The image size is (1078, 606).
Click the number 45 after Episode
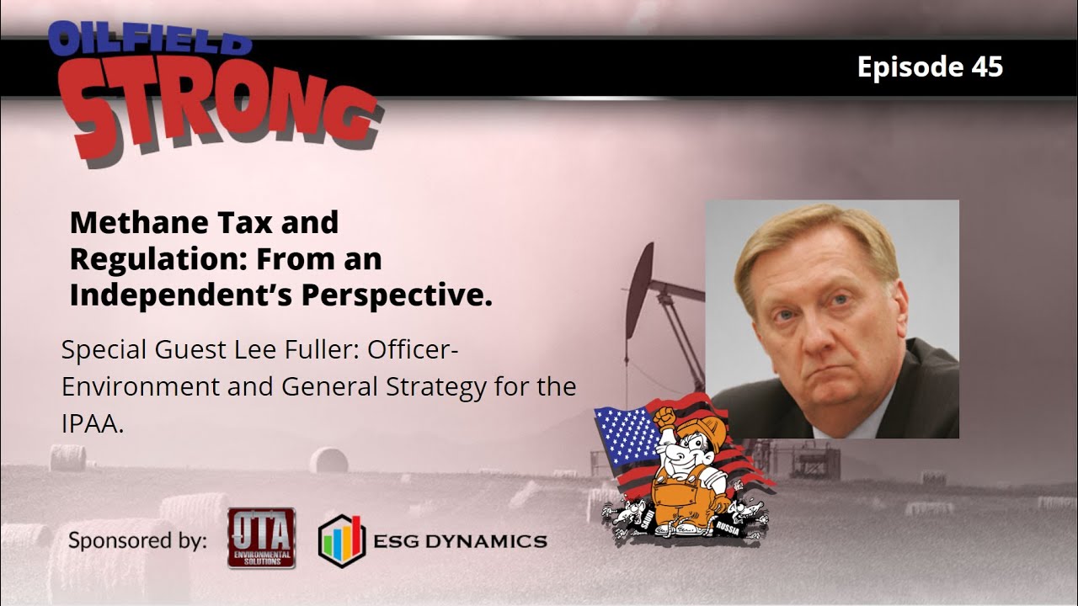pyautogui.click(x=986, y=67)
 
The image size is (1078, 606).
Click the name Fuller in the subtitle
pyautogui.click(x=317, y=350)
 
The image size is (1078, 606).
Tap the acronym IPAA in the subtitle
pyautogui.click(x=92, y=424)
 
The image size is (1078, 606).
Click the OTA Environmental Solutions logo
pyautogui.click(x=260, y=537)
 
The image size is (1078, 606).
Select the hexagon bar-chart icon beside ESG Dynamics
pyautogui.click(x=342, y=540)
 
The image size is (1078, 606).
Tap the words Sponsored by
pyautogui.click(x=137, y=540)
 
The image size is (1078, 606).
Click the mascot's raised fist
pyautogui.click(x=664, y=416)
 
